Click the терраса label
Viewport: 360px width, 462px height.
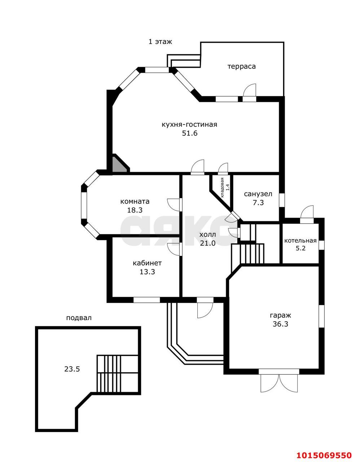tap(241, 67)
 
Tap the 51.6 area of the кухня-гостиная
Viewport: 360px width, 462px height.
tap(190, 133)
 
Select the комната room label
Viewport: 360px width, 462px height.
tap(135, 201)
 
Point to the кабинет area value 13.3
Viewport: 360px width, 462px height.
tap(147, 272)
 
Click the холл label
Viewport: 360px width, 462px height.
tap(207, 235)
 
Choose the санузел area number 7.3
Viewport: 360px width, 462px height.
tap(258, 202)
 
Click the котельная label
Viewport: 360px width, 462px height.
tap(300, 241)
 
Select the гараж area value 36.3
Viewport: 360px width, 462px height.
tap(280, 324)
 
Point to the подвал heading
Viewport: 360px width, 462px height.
tap(79, 318)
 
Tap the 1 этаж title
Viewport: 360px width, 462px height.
tap(160, 42)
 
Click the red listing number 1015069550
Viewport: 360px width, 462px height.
tap(324, 454)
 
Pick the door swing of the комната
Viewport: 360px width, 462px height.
tap(174, 205)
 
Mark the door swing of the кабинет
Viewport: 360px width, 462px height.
tap(174, 249)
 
